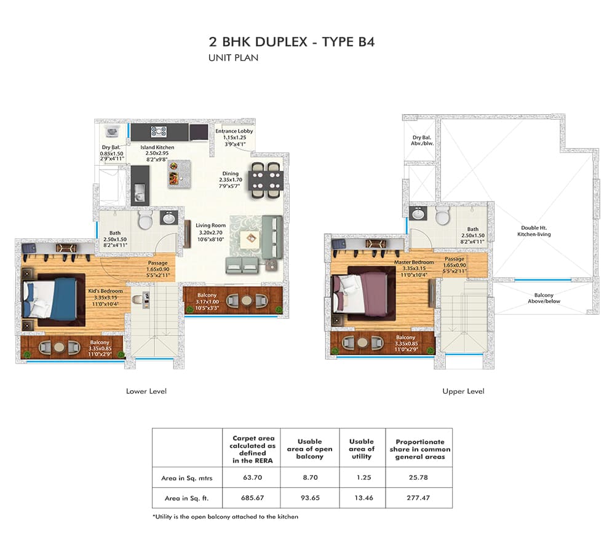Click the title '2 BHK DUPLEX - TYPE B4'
[292, 42]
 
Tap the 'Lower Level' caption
[146, 391]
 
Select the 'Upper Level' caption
[463, 391]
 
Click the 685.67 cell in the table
[252, 498]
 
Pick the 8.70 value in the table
[310, 477]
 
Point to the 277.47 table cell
[418, 498]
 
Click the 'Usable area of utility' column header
[362, 449]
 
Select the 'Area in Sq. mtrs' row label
[187, 478]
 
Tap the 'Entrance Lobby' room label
[234, 131]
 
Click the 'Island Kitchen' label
[157, 147]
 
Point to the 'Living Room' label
[210, 226]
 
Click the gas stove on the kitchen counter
[159, 131]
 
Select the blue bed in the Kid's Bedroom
[50, 299]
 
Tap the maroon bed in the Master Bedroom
[360, 293]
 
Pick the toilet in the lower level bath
[146, 219]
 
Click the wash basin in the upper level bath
[418, 214]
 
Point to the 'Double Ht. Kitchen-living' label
[534, 231]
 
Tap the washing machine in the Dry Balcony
[113, 131]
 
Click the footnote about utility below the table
[225, 517]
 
